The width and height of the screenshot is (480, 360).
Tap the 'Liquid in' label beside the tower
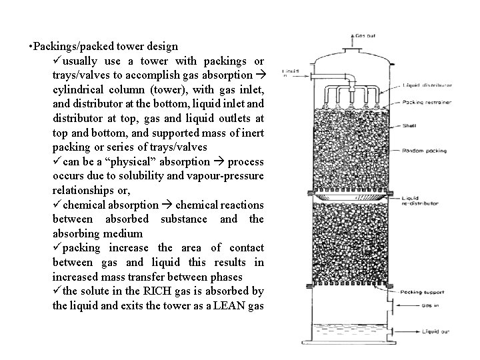[290, 73]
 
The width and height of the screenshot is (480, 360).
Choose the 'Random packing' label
[422, 151]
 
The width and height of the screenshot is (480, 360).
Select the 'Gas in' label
[413, 306]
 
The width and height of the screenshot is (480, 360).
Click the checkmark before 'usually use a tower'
[57, 61]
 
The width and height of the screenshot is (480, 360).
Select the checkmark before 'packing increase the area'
[57, 248]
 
